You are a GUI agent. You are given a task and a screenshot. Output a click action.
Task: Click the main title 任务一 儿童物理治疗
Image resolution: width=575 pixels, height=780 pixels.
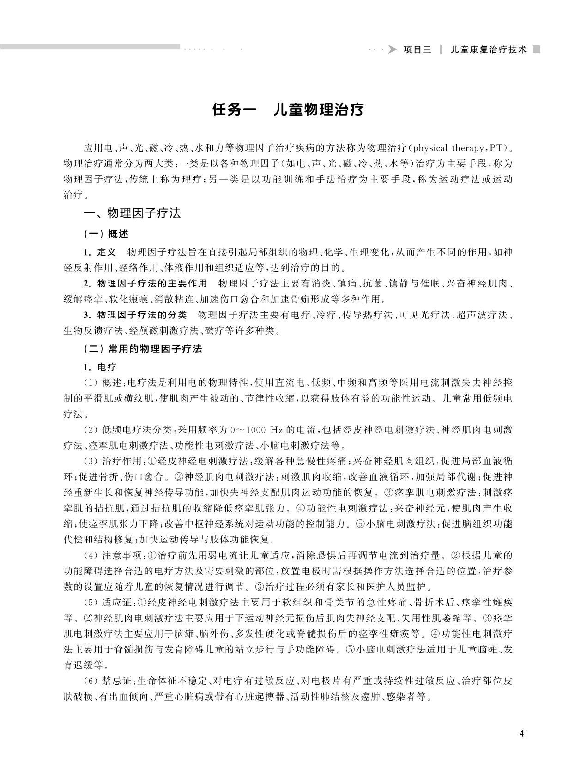(288, 110)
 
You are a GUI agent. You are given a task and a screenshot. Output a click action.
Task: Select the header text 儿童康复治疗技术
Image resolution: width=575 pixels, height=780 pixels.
(489, 50)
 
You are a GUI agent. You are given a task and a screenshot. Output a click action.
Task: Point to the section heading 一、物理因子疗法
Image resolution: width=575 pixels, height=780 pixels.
(132, 213)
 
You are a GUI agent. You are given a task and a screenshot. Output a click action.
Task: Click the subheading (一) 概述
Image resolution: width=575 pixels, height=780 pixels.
(106, 234)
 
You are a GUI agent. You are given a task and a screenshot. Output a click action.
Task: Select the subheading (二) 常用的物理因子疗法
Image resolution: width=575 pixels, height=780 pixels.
(143, 349)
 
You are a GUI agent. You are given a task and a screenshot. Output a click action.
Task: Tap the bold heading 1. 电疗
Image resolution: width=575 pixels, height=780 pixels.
(100, 367)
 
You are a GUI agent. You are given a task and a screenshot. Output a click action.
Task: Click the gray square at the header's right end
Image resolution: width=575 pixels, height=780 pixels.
(536, 49)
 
